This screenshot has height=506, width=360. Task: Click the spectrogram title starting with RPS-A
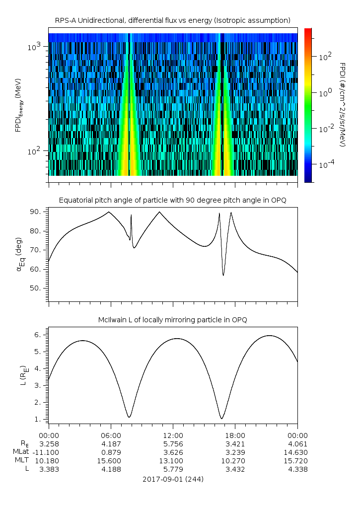pyautogui.click(x=172, y=20)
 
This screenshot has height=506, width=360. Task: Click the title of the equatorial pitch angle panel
pyautogui.click(x=172, y=200)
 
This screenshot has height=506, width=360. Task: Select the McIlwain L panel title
pyautogui.click(x=172, y=320)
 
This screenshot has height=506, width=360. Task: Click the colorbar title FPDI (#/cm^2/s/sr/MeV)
pyautogui.click(x=342, y=104)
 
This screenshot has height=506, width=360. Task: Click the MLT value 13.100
pyautogui.click(x=173, y=461)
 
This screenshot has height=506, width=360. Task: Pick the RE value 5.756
pyautogui.click(x=173, y=444)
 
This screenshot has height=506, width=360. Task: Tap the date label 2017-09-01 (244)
pyautogui.click(x=173, y=480)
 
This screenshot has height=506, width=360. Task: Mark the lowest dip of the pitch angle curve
pyautogui.click(x=223, y=275)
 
